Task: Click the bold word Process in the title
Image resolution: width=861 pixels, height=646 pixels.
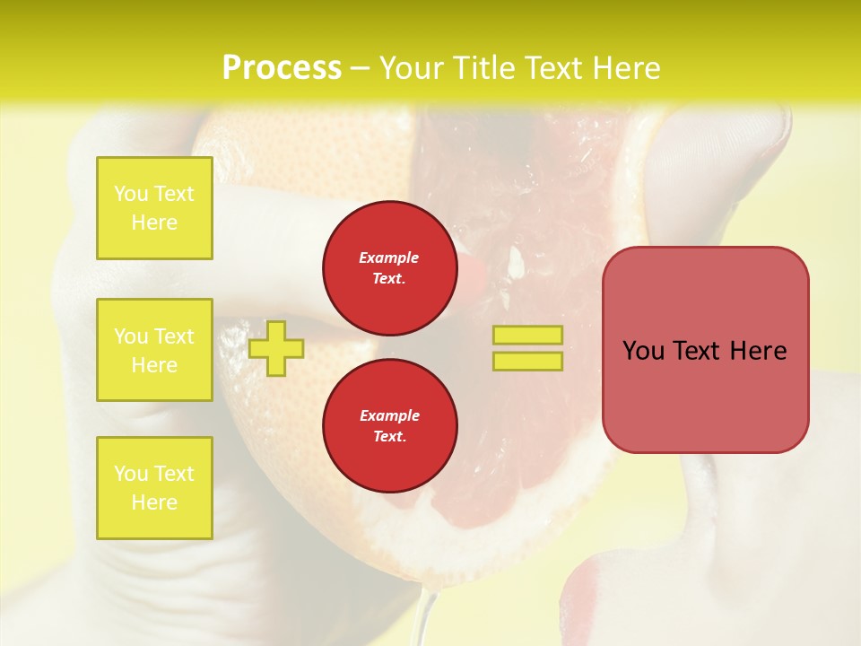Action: pyautogui.click(x=282, y=68)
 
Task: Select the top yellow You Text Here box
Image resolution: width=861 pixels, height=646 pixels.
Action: pyautogui.click(x=154, y=208)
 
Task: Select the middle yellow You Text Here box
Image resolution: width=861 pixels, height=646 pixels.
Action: pyautogui.click(x=154, y=350)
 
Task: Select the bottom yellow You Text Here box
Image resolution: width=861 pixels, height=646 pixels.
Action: pyautogui.click(x=154, y=487)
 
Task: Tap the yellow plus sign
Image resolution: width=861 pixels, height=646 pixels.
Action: pyautogui.click(x=276, y=348)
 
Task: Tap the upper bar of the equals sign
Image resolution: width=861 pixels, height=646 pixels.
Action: pyautogui.click(x=527, y=335)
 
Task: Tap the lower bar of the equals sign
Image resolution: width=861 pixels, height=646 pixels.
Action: pyautogui.click(x=527, y=361)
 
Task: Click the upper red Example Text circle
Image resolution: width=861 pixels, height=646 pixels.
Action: pyautogui.click(x=389, y=267)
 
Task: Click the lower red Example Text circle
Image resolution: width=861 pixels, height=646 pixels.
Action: pyautogui.click(x=389, y=425)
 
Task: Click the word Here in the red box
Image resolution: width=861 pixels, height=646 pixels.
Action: pyautogui.click(x=758, y=351)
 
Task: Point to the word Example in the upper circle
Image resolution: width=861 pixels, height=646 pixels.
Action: pyautogui.click(x=389, y=258)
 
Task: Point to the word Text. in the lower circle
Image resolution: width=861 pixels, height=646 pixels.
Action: pyautogui.click(x=389, y=436)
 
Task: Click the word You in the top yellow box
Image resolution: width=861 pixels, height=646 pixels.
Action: pyautogui.click(x=131, y=194)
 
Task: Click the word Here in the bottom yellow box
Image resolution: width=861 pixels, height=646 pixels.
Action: pyautogui.click(x=154, y=502)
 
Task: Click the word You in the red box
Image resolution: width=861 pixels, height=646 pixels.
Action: pyautogui.click(x=644, y=351)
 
